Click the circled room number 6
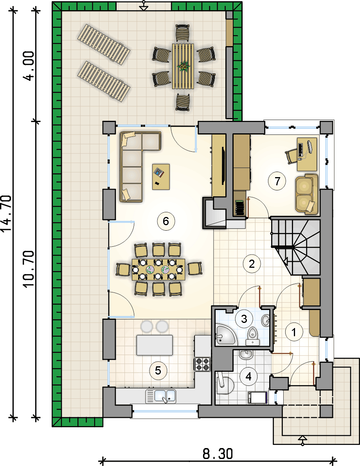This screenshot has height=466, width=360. pos(166,221)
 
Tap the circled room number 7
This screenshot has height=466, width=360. pos(277,181)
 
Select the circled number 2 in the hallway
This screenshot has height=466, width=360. pos(252,264)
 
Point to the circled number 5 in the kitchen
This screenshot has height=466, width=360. pos(158,371)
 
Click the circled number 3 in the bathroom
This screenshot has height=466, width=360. pos(244,319)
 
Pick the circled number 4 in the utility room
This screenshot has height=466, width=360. pos(248,376)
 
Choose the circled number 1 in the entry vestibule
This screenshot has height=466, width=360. pos(294,332)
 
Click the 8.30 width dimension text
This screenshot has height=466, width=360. pos(218,454)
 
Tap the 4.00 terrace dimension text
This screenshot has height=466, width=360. pos(30,66)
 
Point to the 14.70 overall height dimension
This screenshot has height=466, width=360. pos(7,213)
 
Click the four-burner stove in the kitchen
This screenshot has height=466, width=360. pos(203,364)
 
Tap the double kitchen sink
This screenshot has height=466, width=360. pos(161,396)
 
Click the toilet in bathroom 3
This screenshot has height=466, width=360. pos(253,337)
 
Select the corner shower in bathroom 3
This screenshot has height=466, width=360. pos(225,335)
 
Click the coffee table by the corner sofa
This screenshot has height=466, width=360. pos(161,177)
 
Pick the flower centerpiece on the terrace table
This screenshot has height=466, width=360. pos(183,66)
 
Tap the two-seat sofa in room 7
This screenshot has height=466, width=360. pos(307,194)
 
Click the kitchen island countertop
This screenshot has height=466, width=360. pos(155,345)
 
